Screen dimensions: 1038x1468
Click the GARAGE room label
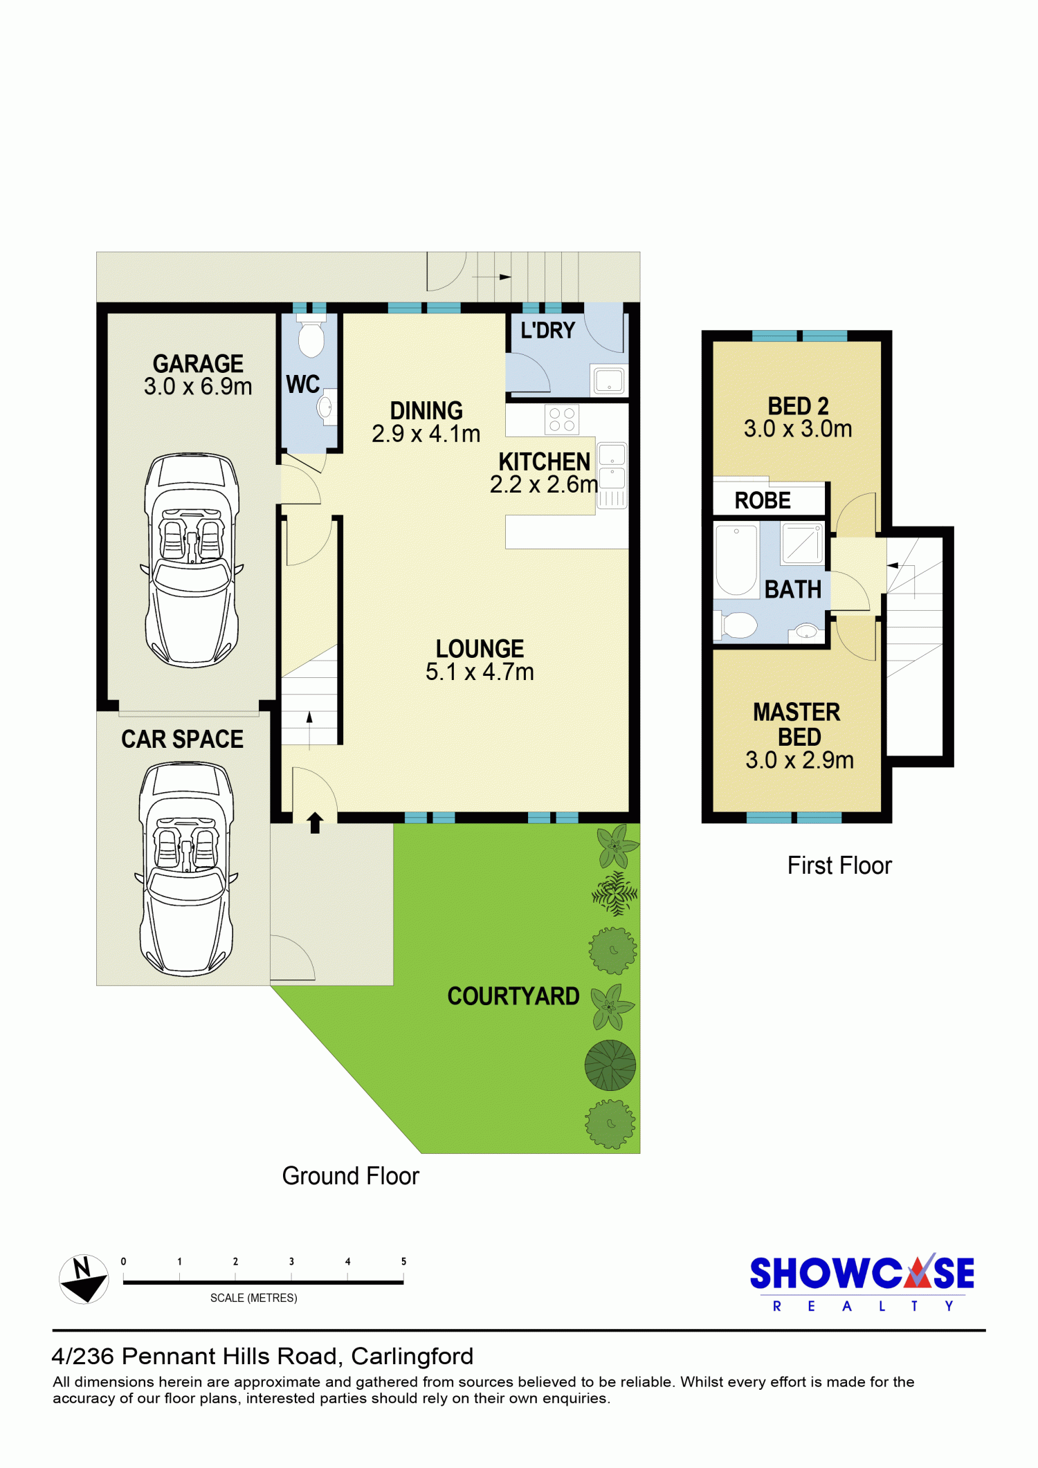point(198,364)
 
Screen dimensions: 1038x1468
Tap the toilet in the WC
point(311,336)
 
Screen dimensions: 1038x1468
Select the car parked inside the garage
point(192,560)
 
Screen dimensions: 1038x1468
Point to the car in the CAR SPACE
point(187,869)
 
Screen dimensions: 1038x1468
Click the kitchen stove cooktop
point(562,419)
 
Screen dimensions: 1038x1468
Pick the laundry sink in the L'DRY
point(609,380)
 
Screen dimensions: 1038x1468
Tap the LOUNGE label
point(480,649)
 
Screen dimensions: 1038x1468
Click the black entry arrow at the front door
point(315,823)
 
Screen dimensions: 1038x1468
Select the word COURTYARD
point(513,996)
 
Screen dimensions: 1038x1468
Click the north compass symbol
point(84,1279)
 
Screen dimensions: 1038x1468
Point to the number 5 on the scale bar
point(403,1261)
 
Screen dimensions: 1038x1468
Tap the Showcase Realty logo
point(862,1283)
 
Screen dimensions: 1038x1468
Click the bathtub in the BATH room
point(736,560)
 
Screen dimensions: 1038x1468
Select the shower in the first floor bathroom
point(803,543)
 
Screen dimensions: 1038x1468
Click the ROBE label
point(763,500)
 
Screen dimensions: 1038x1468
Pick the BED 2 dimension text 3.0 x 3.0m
point(798,429)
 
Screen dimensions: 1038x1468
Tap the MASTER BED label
point(797,724)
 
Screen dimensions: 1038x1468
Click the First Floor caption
point(839,865)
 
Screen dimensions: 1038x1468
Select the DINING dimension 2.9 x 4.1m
point(426,434)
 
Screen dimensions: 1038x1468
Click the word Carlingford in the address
point(412,1357)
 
